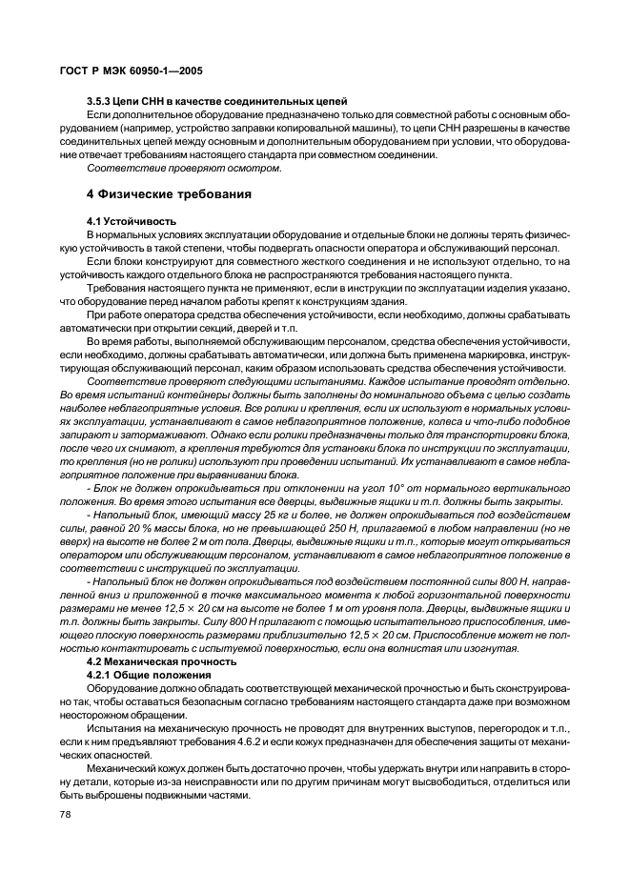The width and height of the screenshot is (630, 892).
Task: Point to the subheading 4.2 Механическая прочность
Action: click(160, 661)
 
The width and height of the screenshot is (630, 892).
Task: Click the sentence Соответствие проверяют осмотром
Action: click(184, 168)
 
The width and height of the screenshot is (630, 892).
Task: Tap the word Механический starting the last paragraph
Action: click(121, 766)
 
